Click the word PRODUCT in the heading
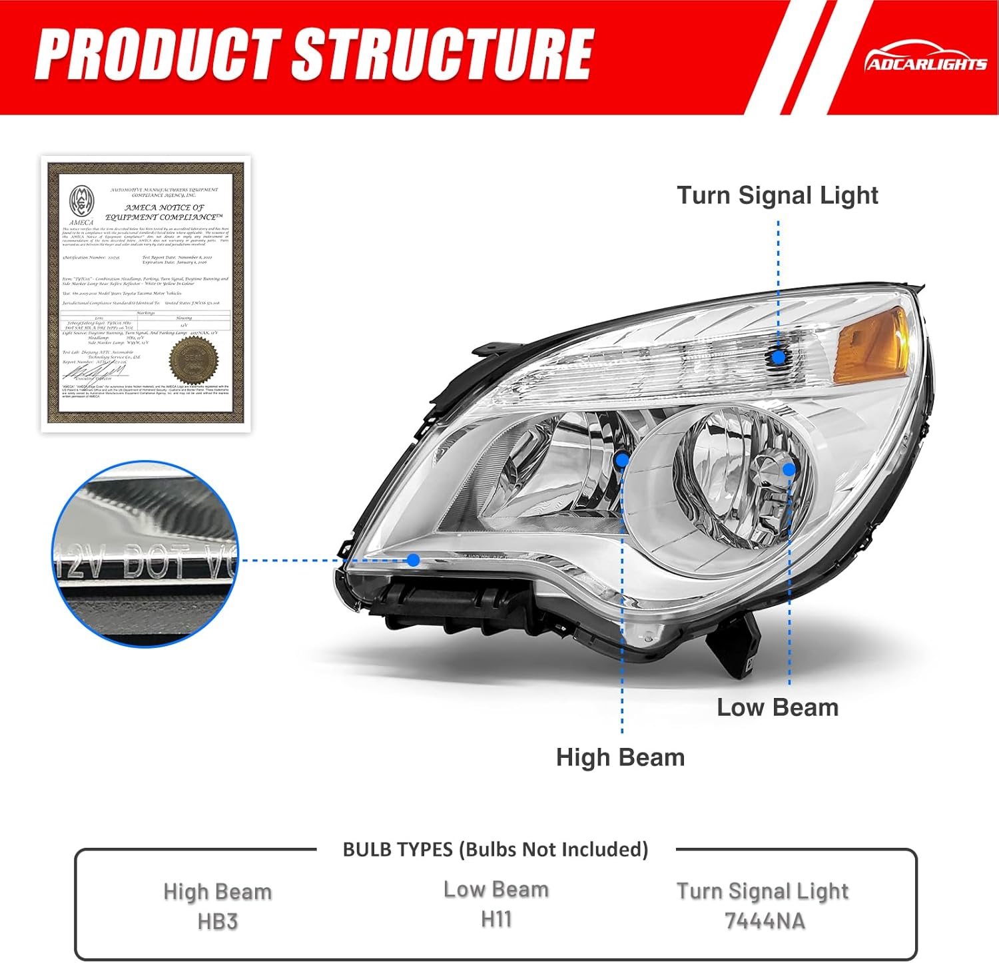[157, 55]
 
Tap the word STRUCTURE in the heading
[442, 55]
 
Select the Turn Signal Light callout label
[777, 196]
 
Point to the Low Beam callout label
[777, 707]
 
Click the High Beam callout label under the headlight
[620, 757]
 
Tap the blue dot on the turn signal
[778, 357]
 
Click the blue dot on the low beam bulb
[789, 470]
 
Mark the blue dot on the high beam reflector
[622, 460]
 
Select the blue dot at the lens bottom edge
[414, 560]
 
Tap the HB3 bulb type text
[218, 922]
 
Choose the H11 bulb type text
[496, 920]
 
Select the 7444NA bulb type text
[764, 921]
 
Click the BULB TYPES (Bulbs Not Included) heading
[495, 850]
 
